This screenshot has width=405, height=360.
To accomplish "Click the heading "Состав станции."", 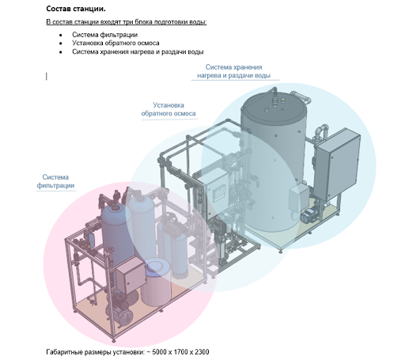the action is (x=76, y=9).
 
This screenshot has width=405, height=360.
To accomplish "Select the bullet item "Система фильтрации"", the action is (x=104, y=35).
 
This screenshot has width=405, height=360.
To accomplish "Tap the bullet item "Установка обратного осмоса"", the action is (x=115, y=43).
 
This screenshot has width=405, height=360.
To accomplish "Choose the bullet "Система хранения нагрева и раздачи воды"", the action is (x=138, y=51).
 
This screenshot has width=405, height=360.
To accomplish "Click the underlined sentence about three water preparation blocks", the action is (x=127, y=22).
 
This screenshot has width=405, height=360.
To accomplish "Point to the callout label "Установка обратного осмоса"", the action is (x=168, y=109).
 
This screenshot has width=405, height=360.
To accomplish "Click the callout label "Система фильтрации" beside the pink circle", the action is (x=55, y=181).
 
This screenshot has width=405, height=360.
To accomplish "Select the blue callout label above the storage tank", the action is (x=233, y=71).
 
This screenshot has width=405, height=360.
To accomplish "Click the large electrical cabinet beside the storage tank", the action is (x=338, y=164).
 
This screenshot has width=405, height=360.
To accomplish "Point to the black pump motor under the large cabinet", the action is (x=308, y=215).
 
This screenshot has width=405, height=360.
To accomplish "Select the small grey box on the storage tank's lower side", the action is (x=299, y=196).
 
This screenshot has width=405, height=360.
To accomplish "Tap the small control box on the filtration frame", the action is (x=131, y=275).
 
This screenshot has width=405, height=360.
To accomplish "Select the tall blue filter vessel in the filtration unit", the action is (x=117, y=237).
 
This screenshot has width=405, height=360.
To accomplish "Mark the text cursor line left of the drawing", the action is (x=47, y=76).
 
